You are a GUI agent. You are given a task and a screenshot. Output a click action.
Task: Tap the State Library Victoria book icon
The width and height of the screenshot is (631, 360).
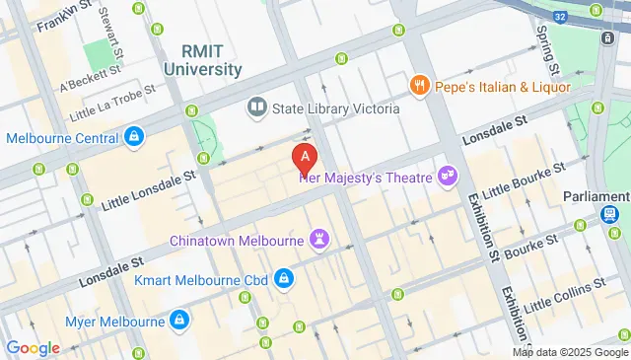[x=257, y=104]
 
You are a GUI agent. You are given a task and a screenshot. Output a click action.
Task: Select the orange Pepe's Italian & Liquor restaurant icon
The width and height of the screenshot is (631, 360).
[x=420, y=86]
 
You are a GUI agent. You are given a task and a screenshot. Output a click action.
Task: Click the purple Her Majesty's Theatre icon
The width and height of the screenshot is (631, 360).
[x=449, y=176]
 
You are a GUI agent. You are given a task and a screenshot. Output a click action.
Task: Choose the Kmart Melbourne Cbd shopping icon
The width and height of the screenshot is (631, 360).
[x=283, y=279]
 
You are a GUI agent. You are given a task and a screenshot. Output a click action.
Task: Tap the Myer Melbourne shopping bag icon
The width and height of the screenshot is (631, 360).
[x=179, y=320]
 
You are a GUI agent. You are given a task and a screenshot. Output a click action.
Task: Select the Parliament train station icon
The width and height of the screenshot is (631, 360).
[x=611, y=215]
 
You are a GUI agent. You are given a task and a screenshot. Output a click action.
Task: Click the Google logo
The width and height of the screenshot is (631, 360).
[x=34, y=347]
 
